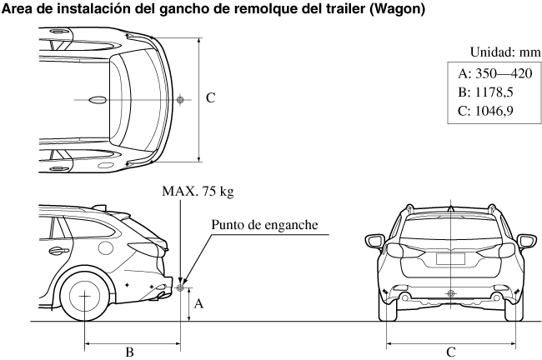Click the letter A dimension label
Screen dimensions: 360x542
point(198,305)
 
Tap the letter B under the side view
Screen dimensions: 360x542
point(129,352)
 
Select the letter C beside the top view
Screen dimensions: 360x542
point(211,98)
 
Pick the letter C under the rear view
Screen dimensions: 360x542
point(451,352)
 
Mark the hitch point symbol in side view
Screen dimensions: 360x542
point(179,289)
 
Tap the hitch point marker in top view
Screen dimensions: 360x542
point(179,100)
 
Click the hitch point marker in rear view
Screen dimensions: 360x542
point(451,292)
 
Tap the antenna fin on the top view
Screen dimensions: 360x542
point(98,100)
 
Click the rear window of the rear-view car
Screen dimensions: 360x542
point(451,227)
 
